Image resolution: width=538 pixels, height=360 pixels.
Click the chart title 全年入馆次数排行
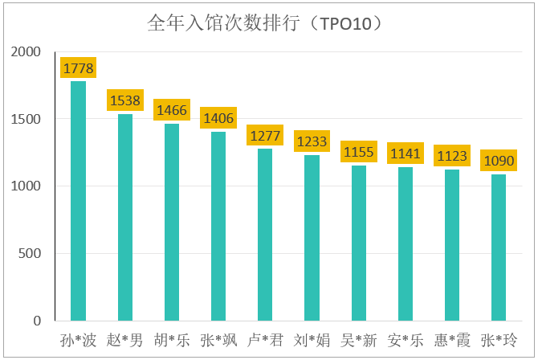pyautogui.click(x=264, y=22)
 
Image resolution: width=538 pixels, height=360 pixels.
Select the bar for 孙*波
pyautogui.click(x=78, y=201)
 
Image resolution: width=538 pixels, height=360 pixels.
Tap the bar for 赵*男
pyautogui.click(x=125, y=217)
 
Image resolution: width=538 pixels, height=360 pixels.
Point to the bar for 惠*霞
pyautogui.click(x=452, y=245)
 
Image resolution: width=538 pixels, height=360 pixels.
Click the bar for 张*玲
pyautogui.click(x=499, y=247)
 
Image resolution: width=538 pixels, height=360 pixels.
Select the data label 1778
pyautogui.click(x=78, y=68)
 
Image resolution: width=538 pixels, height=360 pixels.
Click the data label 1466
pyautogui.click(x=172, y=110)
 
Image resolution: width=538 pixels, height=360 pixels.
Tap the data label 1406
pyautogui.click(x=218, y=118)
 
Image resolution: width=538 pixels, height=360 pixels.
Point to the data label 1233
pyautogui.click(x=312, y=141)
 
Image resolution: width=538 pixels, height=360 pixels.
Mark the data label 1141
pyautogui.click(x=405, y=153)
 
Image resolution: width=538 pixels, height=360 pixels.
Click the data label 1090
pyautogui.click(x=499, y=161)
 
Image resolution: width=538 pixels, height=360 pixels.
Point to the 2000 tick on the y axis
pyautogui.click(x=26, y=52)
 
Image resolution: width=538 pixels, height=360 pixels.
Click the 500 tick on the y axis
pyautogui.click(x=31, y=254)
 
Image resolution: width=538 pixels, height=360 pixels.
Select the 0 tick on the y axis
pyautogui.click(x=37, y=321)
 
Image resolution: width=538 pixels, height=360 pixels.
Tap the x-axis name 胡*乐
pyautogui.click(x=172, y=340)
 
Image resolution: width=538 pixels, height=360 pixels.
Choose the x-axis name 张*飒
pyautogui.click(x=218, y=340)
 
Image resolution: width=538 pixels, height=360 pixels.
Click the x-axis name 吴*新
pyautogui.click(x=358, y=340)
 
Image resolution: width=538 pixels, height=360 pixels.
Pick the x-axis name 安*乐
pyautogui.click(x=405, y=340)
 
